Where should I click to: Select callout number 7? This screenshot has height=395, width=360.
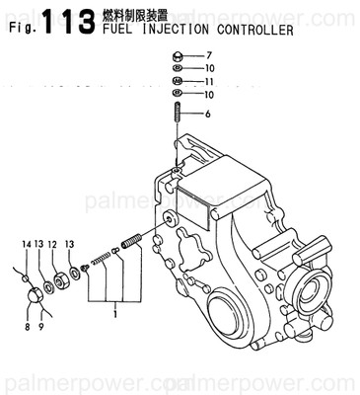208,54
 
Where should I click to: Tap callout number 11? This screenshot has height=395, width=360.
208,80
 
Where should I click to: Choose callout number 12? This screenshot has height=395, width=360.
52,243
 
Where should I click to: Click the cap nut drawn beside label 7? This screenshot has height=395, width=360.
176,55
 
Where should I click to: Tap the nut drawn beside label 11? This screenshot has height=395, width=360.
176,81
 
